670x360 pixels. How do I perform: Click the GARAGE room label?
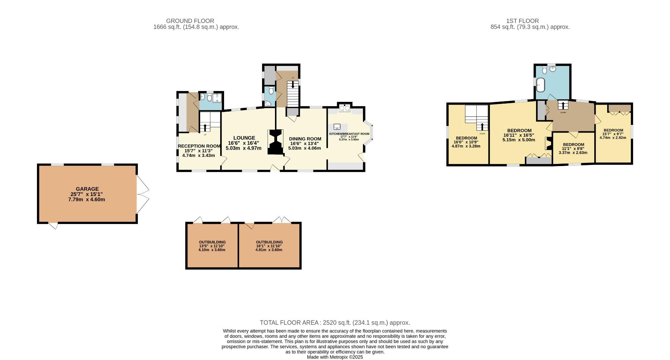87,189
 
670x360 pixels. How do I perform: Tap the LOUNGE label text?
244,138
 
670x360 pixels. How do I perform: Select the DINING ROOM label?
305,139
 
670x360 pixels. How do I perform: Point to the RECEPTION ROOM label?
199,146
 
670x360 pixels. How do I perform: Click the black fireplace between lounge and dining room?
275,142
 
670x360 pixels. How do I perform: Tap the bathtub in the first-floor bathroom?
540,84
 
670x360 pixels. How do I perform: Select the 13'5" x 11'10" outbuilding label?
212,242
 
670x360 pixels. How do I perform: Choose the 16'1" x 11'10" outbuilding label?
269,242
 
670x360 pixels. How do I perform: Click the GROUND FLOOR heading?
190,21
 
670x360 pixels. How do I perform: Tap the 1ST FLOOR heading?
522,21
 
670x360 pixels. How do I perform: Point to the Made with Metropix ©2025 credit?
335,357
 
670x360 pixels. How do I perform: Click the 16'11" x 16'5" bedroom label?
519,130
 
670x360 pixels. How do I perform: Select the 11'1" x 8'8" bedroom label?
573,144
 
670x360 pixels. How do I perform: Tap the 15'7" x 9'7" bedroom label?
613,130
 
